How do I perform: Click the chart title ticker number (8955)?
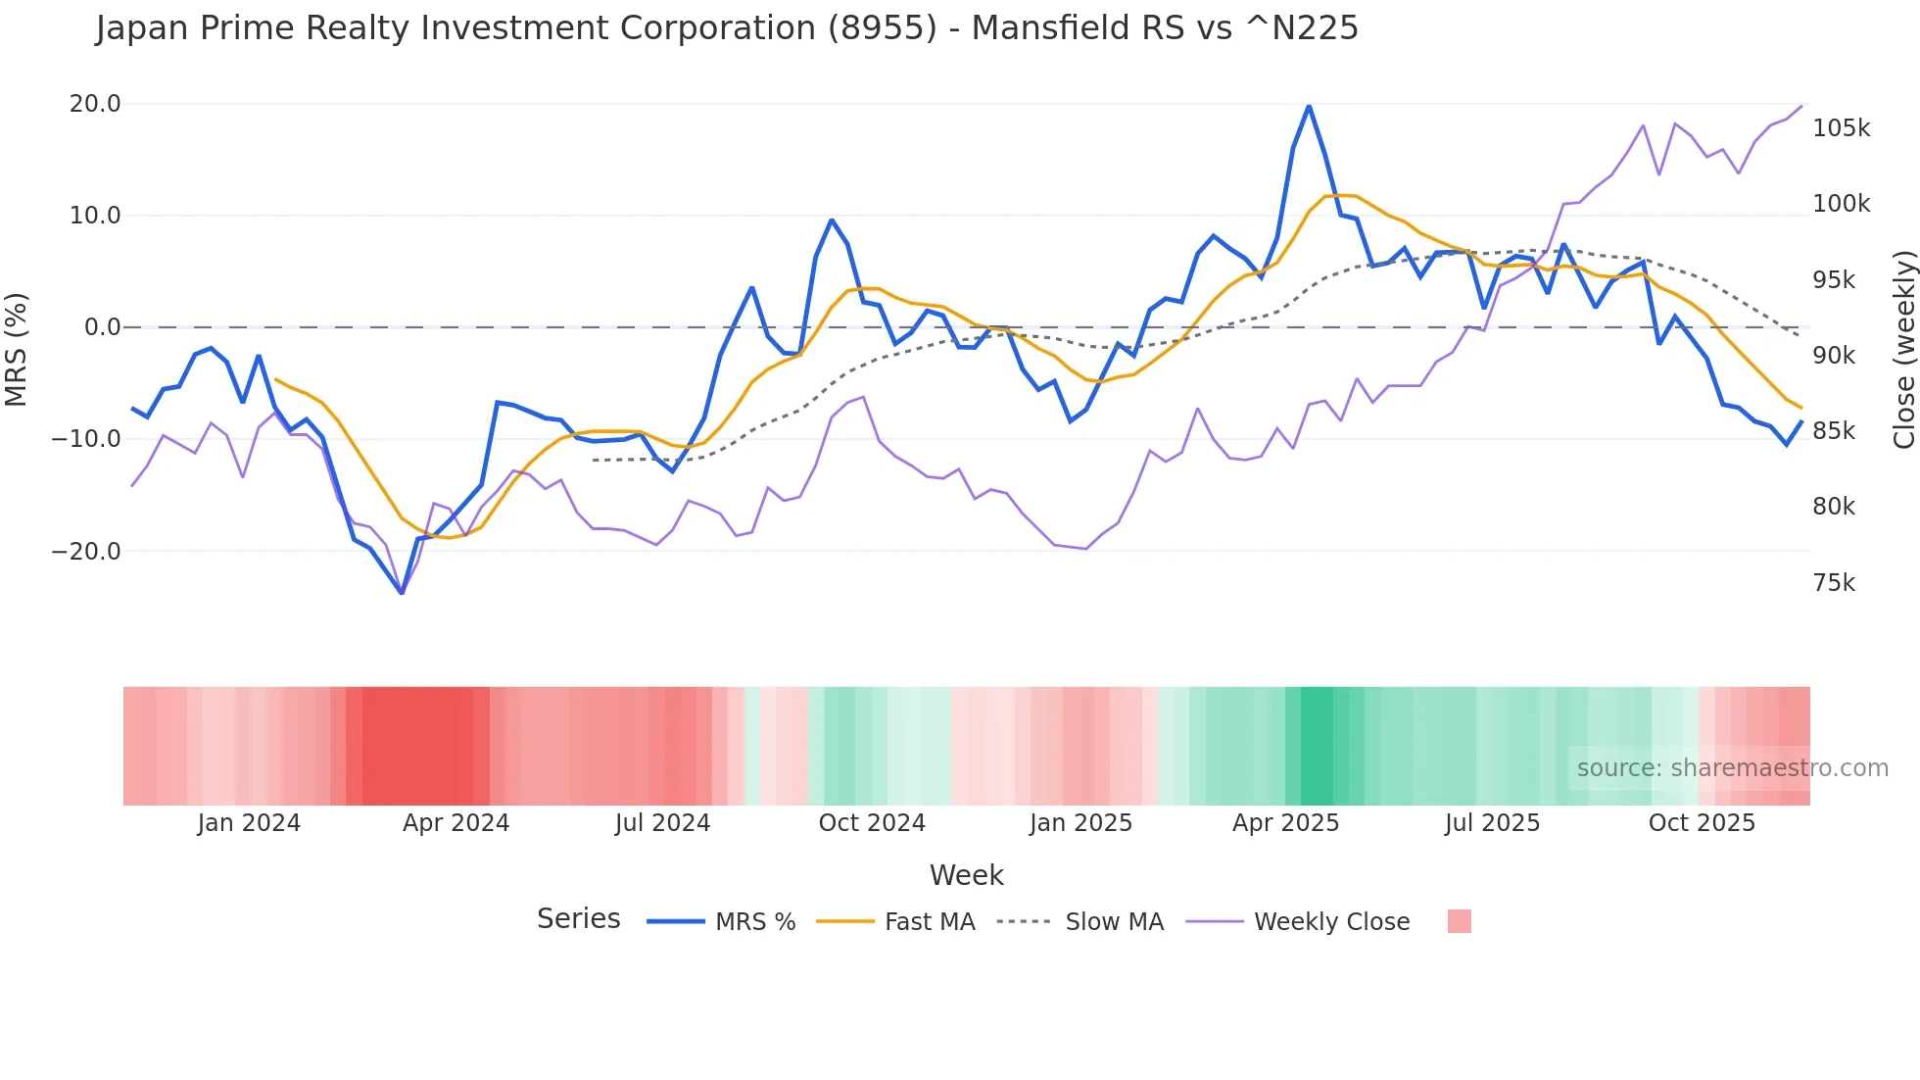(883, 28)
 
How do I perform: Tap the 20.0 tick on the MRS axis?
(95, 104)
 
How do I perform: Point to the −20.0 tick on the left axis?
(86, 551)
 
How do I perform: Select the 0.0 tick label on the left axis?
(103, 327)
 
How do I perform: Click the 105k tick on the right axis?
(1841, 128)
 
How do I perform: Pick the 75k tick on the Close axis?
(1834, 583)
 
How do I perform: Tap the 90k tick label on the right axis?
(1834, 356)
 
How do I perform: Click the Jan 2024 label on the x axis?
(249, 823)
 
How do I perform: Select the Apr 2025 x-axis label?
(1285, 823)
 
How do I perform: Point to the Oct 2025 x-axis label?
(1702, 823)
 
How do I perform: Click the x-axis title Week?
(966, 875)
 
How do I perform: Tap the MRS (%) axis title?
(17, 349)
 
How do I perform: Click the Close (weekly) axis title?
(1903, 350)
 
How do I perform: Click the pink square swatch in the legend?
(1459, 921)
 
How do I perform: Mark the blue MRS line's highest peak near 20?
(1309, 106)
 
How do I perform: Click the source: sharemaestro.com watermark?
(1732, 768)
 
